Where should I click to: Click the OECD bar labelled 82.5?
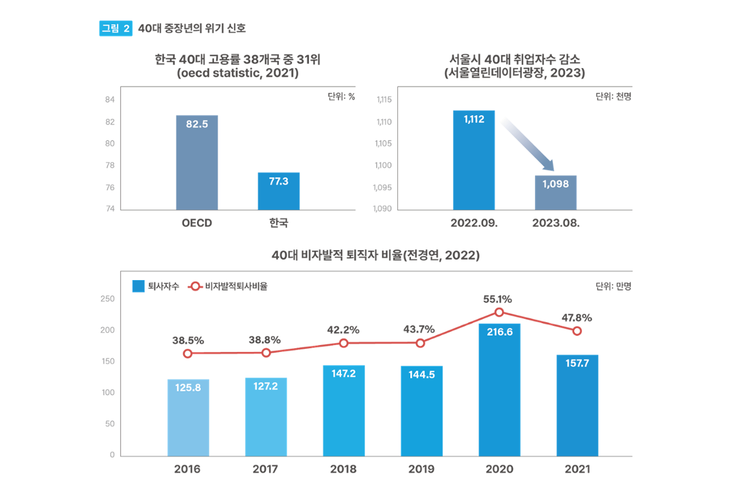pos(197,162)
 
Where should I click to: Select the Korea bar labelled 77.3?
pos(278,191)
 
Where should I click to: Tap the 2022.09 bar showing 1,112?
pos(474,159)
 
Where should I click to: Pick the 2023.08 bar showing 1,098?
pos(556,192)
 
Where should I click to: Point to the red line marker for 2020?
pos(499,312)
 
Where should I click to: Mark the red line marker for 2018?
pos(343,343)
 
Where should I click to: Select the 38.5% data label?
pos(188,340)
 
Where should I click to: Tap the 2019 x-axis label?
pos(421,469)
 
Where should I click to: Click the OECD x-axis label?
pos(197,223)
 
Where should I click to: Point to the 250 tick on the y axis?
pos(108,299)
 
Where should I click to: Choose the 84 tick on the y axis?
pos(109,99)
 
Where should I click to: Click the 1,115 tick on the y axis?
pos(383,99)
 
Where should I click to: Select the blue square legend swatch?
pos(139,286)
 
